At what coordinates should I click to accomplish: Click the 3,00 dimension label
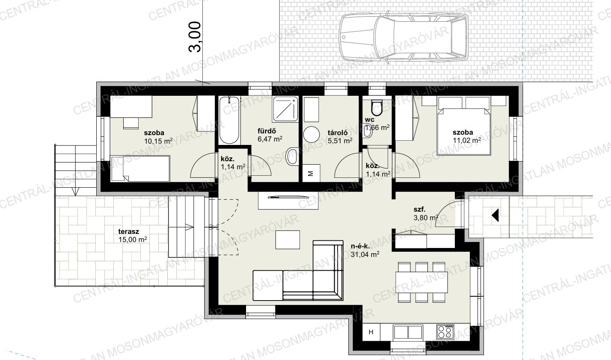195,36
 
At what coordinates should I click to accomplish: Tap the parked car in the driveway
404,37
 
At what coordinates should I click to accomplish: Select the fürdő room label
267,131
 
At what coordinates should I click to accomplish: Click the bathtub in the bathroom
229,120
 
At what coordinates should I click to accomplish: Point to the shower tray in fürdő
285,109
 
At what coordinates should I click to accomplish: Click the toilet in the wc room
377,107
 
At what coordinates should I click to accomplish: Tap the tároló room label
338,133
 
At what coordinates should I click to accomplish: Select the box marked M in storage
311,173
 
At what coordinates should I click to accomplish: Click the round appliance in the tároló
311,134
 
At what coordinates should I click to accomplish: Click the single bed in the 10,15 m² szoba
140,168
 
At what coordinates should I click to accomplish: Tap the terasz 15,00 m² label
133,236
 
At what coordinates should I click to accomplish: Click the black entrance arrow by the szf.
495,215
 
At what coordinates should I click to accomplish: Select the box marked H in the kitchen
371,332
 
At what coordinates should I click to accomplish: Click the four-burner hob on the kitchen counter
445,332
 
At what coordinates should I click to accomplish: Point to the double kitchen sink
408,332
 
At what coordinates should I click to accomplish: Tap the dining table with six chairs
421,282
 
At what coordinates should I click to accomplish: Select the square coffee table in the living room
288,239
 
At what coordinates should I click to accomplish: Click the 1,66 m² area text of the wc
377,127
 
